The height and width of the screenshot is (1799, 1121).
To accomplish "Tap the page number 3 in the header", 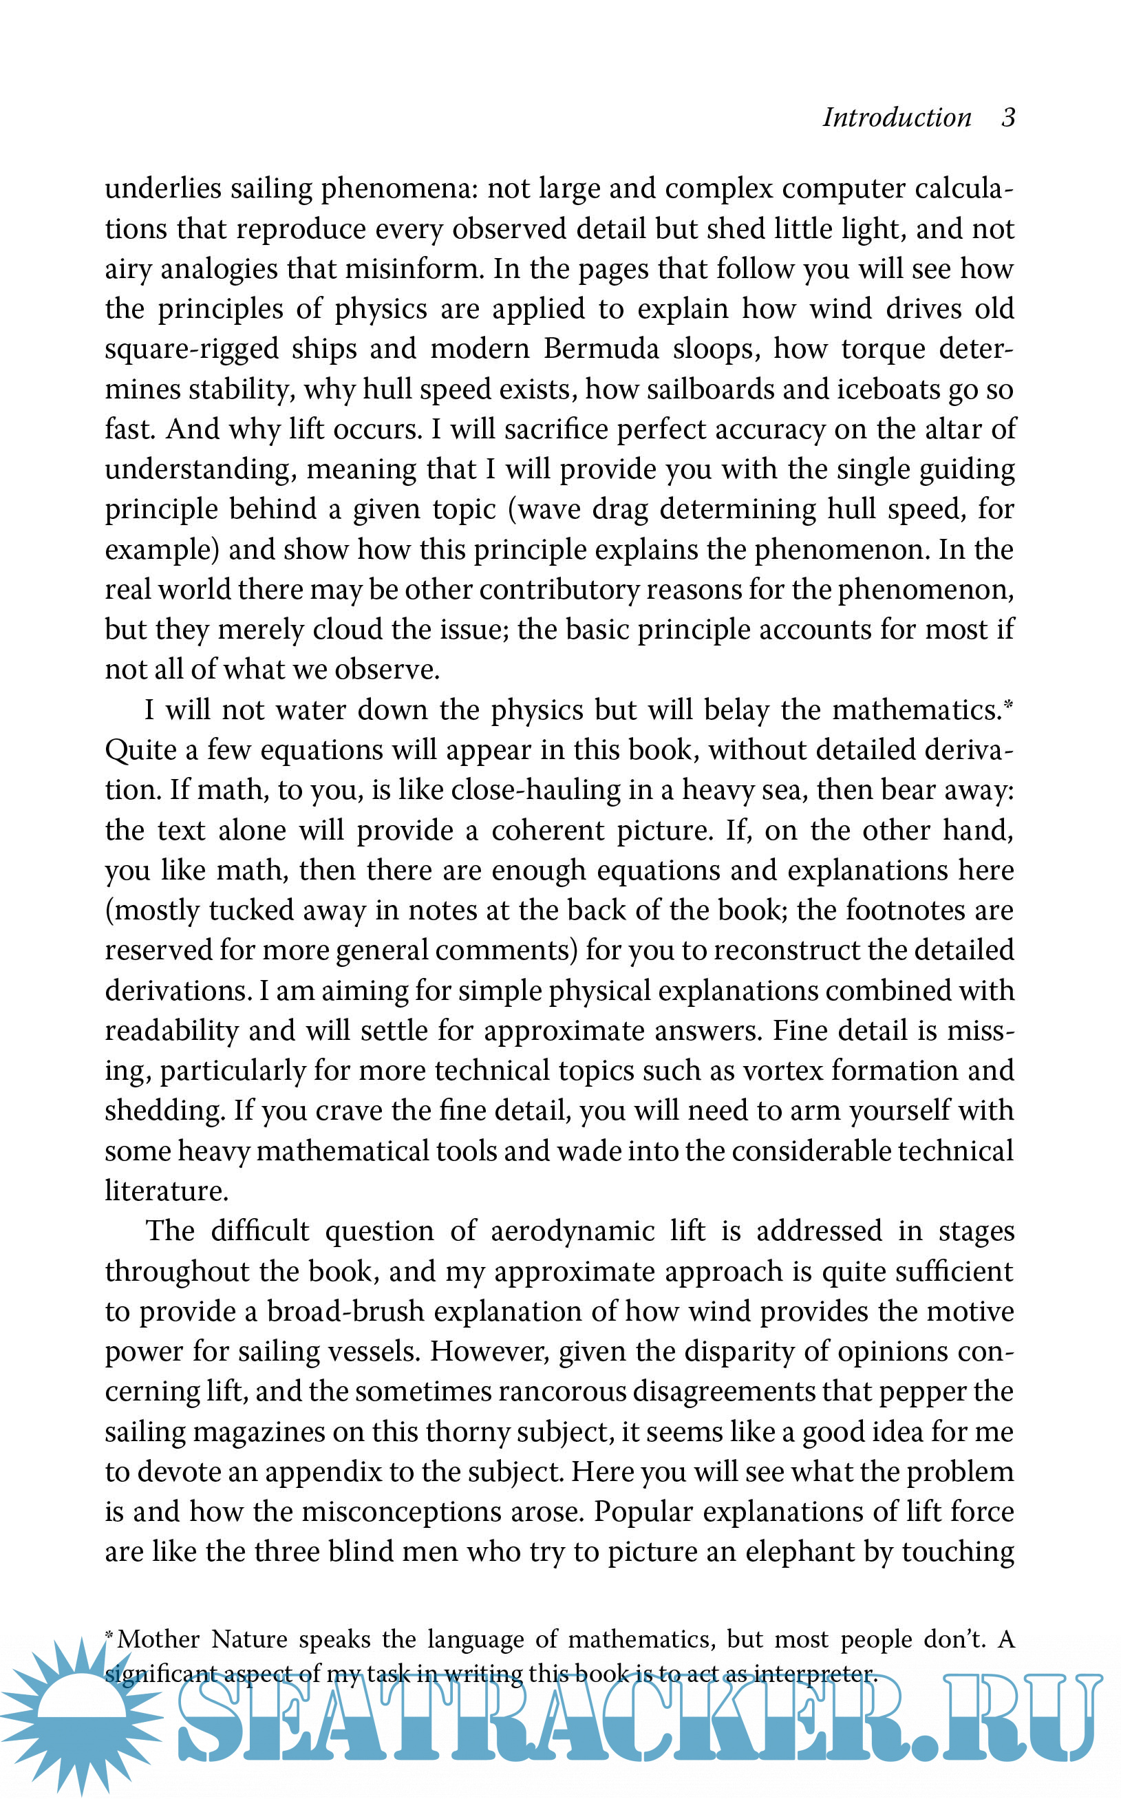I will pos(1007,118).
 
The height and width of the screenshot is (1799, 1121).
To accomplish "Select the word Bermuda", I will pos(601,348).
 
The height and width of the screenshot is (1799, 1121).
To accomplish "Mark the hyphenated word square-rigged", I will pos(191,349).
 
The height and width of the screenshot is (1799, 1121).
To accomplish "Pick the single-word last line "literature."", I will pos(166,1191).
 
